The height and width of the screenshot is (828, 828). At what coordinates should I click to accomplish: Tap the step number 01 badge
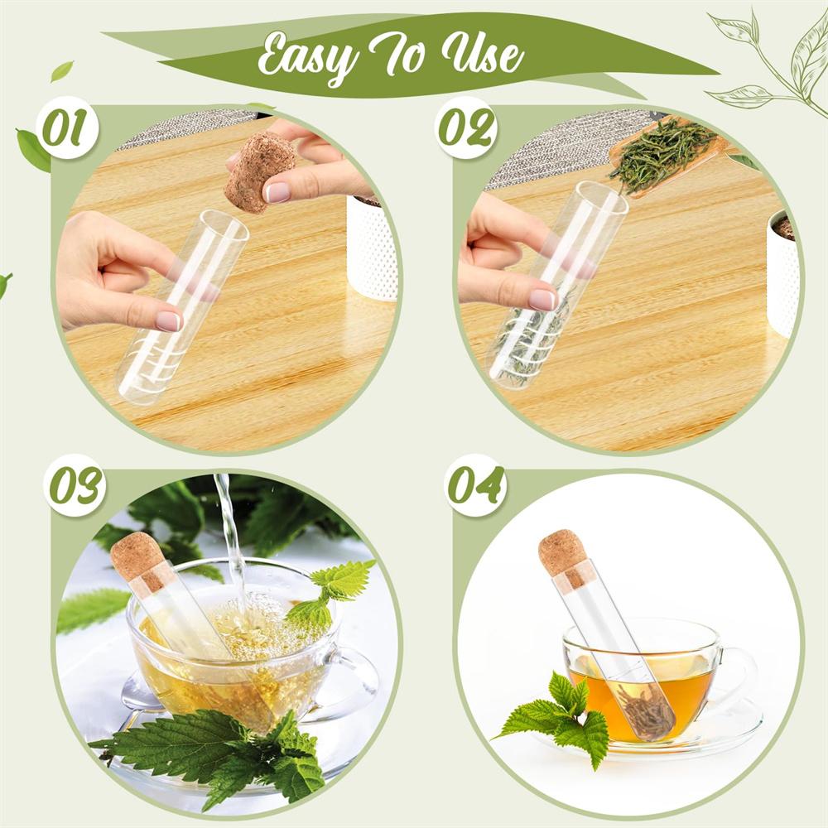click(65, 128)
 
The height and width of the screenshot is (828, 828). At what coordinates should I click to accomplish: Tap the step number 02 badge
click(465, 128)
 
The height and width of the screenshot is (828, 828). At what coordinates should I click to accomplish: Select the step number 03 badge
click(75, 485)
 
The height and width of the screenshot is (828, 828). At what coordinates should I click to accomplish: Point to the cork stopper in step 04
click(563, 553)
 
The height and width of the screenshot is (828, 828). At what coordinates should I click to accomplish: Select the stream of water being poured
click(230, 538)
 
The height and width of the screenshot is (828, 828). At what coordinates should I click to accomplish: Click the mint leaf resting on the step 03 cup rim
click(331, 592)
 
